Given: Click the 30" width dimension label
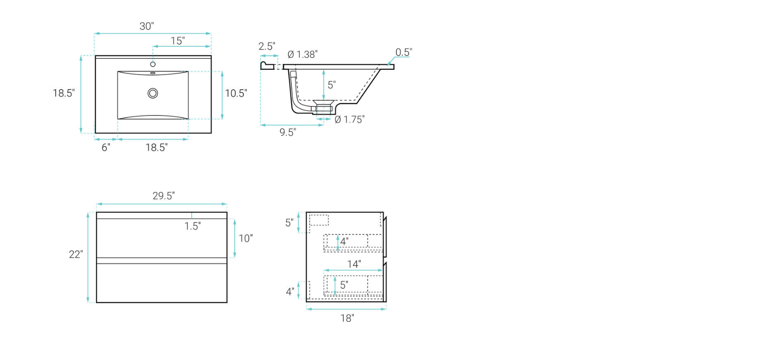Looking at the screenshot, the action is click(x=147, y=26).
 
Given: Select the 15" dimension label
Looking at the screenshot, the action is click(x=178, y=41).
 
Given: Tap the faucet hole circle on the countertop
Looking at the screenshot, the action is click(x=153, y=64).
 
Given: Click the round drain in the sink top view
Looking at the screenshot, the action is click(x=153, y=93).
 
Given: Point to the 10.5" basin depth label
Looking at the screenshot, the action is click(x=236, y=93).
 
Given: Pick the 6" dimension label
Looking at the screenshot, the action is click(x=106, y=148).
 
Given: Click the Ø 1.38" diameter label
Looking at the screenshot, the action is click(x=302, y=54).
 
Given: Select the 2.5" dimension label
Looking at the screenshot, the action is click(x=267, y=46).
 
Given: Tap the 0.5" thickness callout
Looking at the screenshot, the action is click(x=403, y=53).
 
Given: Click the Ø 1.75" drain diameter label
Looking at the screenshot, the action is click(x=349, y=119).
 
